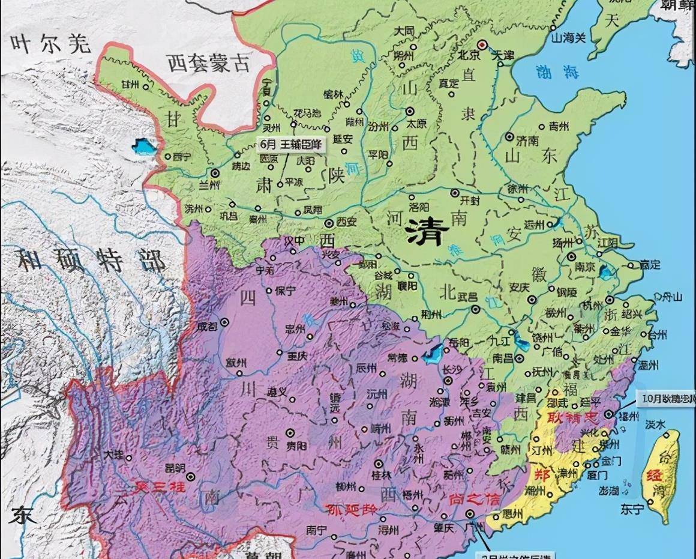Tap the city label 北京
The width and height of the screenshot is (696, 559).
(467, 55)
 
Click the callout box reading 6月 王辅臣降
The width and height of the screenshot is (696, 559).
(291, 144)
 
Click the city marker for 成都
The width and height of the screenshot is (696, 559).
(225, 322)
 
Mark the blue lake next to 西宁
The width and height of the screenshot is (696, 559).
(145, 146)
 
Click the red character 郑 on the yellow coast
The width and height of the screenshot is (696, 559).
(542, 474)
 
